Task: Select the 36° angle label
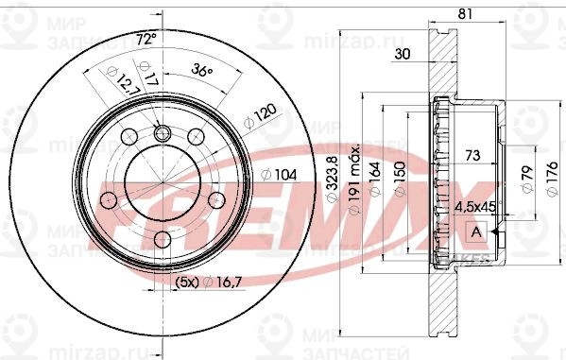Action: tap(200, 69)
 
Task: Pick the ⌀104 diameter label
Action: tap(274, 175)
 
